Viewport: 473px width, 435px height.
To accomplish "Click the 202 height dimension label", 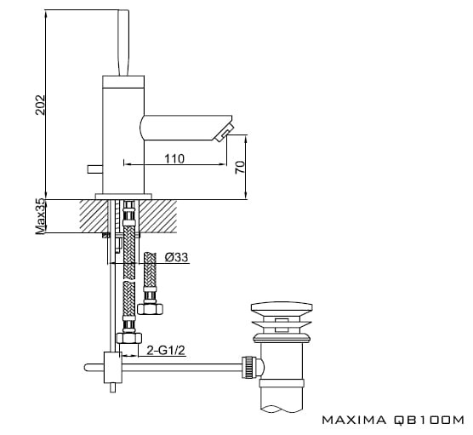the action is (x=40, y=105).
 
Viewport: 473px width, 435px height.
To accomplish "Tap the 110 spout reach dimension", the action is (x=174, y=158).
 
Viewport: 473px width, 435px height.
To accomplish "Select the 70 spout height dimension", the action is (x=240, y=167).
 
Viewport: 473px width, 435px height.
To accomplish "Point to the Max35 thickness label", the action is (x=41, y=216).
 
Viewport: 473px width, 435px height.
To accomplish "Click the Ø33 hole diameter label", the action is (x=176, y=257).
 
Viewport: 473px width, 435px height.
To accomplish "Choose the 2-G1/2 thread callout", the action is (x=166, y=350).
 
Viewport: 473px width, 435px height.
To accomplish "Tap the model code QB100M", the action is (x=429, y=420).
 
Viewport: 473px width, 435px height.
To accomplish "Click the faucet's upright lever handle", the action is (x=123, y=43).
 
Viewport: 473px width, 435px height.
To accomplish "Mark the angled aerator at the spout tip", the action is (x=224, y=132).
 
